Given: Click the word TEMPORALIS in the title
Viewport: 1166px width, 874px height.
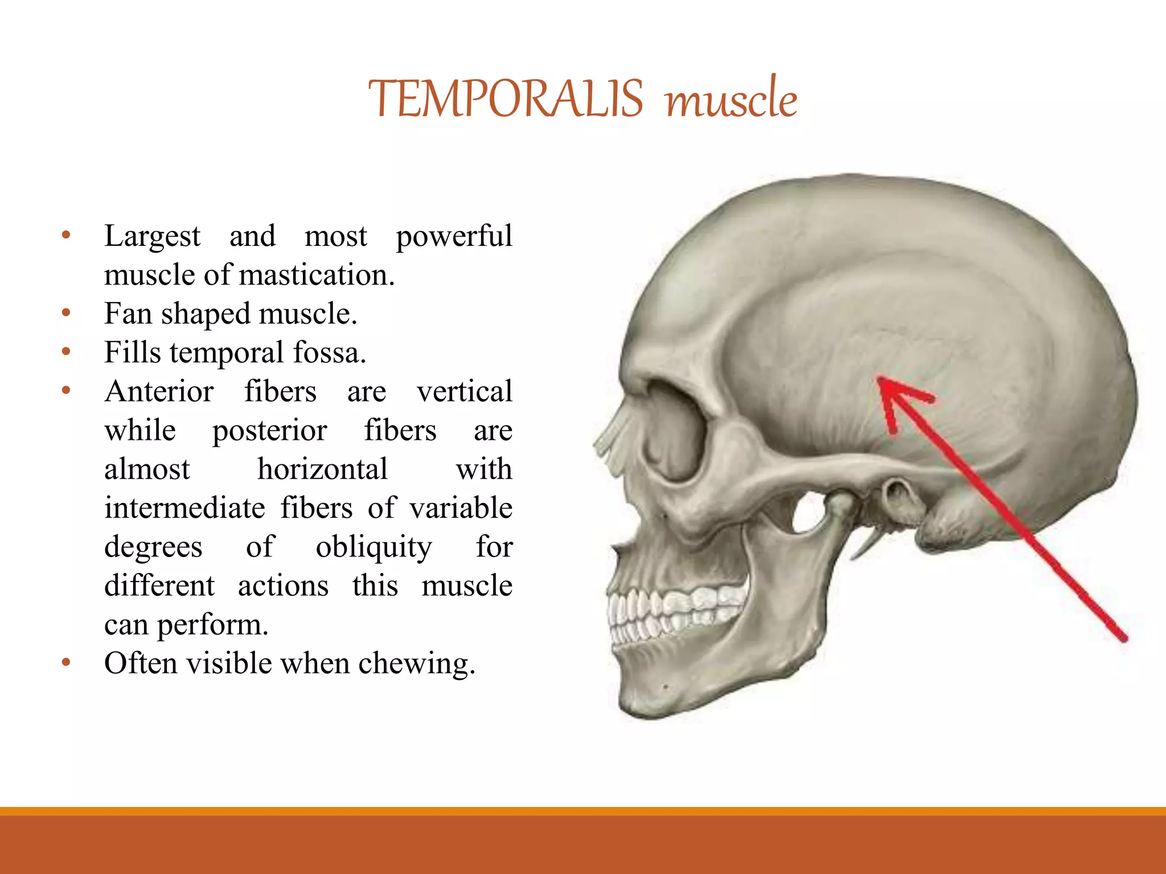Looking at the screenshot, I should click(506, 99).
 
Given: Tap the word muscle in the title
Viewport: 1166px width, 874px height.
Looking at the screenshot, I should click(731, 99).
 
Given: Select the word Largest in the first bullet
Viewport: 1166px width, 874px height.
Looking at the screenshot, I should click(152, 236).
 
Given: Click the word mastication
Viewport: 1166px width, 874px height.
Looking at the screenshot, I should click(317, 275).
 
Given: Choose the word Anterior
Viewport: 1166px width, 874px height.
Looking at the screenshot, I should click(159, 391).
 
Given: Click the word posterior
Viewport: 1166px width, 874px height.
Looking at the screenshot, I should click(269, 430).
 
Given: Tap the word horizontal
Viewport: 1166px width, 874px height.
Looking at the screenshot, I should click(322, 469).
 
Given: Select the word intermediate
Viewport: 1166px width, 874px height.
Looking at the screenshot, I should click(184, 508).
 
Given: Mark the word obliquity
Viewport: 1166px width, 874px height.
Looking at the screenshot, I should click(373, 547).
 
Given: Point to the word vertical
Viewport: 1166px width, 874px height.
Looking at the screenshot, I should click(464, 391).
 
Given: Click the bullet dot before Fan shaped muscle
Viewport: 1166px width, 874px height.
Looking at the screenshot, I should click(66, 312).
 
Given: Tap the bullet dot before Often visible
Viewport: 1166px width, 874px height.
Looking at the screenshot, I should click(66, 662).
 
